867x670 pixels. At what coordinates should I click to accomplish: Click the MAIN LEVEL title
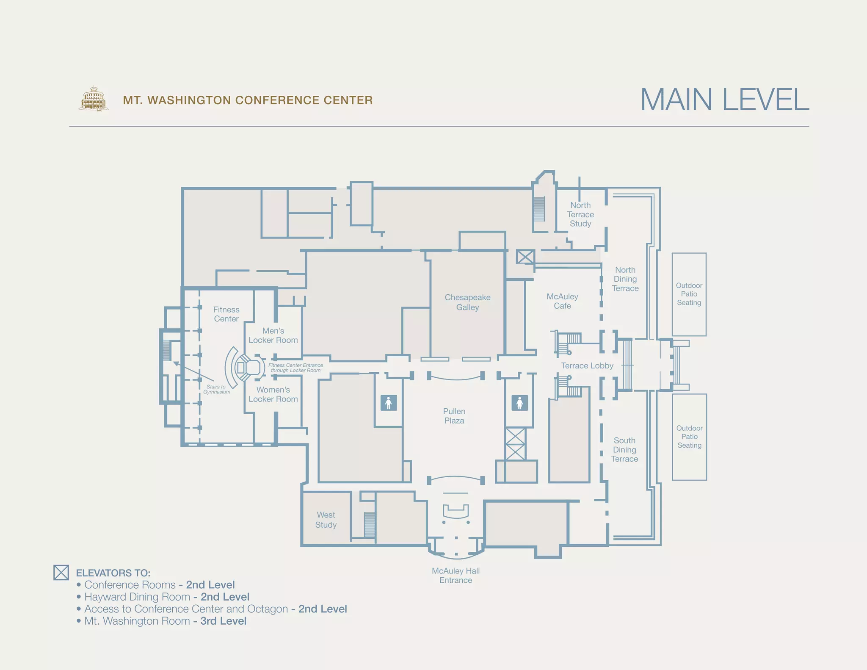(725, 100)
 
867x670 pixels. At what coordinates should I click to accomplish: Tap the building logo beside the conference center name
(94, 99)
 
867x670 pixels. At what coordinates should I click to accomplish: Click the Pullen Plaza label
(454, 416)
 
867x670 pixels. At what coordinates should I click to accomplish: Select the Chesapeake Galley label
(467, 302)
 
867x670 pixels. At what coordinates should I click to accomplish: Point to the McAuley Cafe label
(562, 301)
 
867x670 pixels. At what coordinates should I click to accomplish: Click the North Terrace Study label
(580, 214)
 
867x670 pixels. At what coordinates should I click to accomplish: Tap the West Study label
(326, 520)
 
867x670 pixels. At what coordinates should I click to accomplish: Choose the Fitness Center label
(226, 314)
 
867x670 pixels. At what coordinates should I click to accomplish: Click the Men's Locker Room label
(273, 335)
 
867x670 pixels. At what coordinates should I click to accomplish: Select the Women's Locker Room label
(273, 394)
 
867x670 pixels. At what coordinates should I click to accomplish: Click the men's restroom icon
(389, 403)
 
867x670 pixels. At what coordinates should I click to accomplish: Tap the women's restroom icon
(520, 403)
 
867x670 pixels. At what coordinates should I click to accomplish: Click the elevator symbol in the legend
(61, 573)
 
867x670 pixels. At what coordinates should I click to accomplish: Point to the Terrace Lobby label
(587, 365)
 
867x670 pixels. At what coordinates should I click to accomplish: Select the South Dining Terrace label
(624, 449)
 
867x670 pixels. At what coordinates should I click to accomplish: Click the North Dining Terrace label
(625, 279)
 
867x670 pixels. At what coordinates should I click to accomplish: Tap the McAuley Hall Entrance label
(456, 576)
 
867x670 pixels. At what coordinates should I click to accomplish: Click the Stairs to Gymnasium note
(216, 389)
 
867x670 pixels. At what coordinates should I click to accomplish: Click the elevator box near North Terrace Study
(525, 257)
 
